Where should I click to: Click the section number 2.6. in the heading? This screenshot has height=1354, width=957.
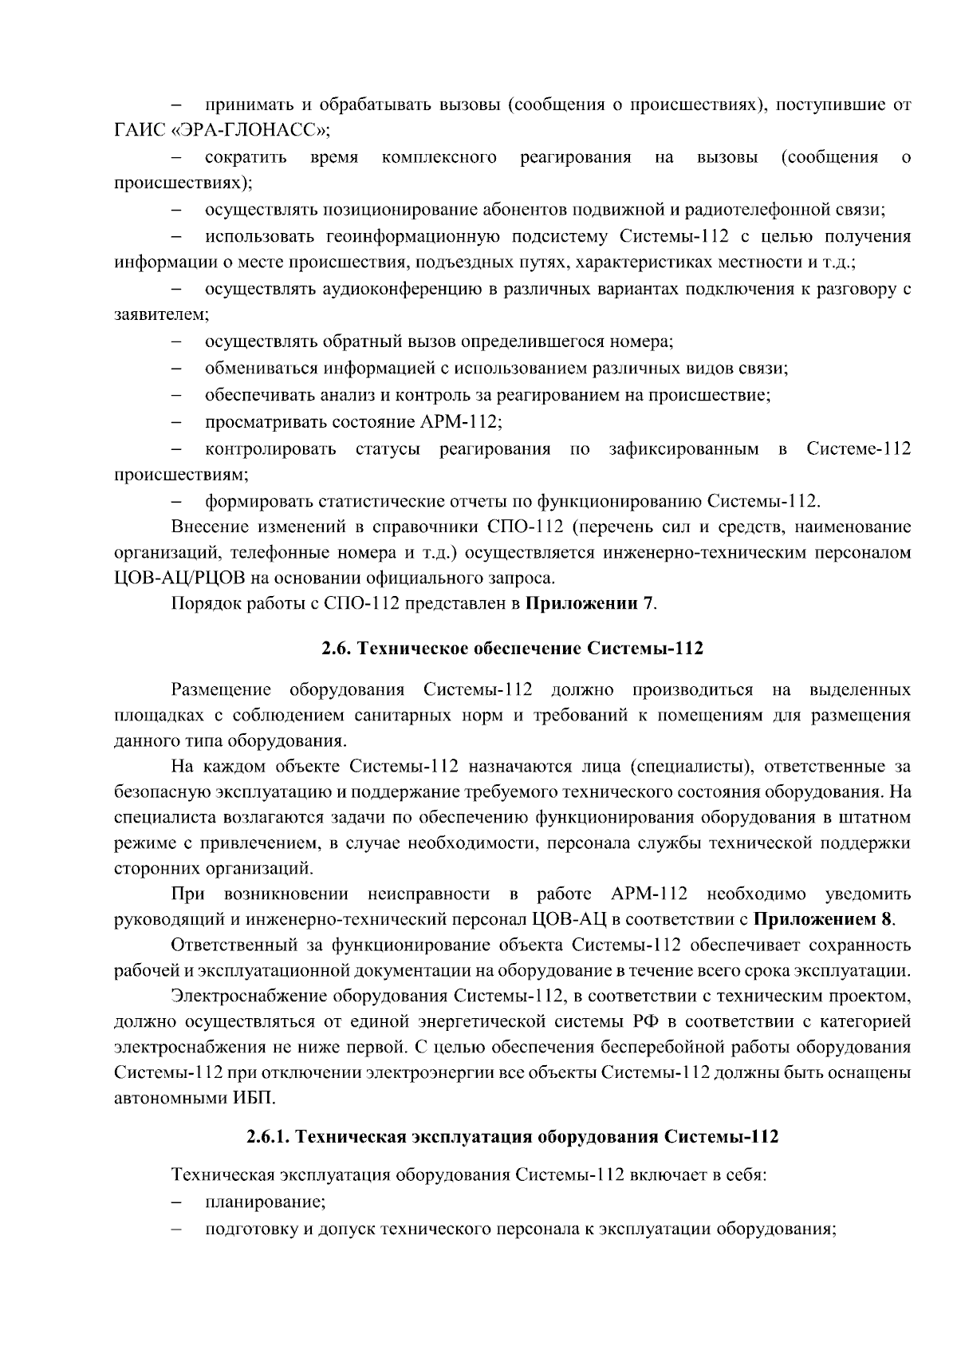tap(338, 649)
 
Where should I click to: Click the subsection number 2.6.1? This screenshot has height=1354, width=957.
tap(269, 1137)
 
